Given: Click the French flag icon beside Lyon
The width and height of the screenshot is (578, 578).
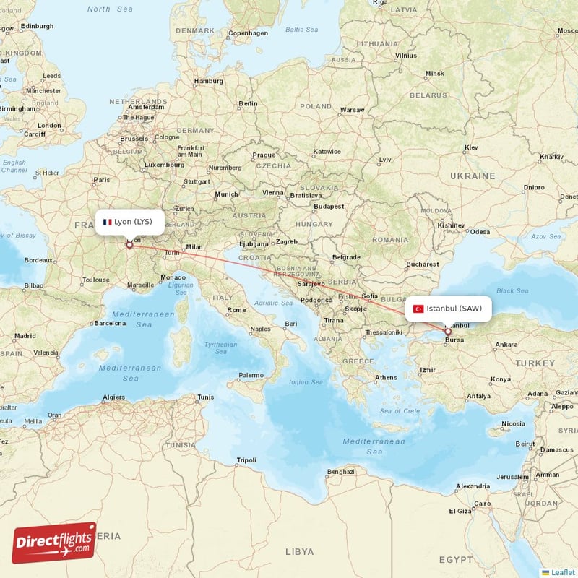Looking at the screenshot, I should pyautogui.click(x=108, y=222).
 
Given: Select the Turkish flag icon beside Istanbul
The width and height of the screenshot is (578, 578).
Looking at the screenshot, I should pyautogui.click(x=418, y=309).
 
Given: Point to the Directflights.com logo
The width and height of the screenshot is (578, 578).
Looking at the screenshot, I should pyautogui.click(x=54, y=543).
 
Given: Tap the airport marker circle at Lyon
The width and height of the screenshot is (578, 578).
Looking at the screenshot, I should pyautogui.click(x=130, y=245).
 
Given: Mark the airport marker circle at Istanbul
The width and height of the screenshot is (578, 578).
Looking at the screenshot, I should pyautogui.click(x=448, y=332).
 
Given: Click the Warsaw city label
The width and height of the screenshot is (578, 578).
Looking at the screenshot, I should pyautogui.click(x=353, y=110).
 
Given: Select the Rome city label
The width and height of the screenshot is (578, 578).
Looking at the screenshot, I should pyautogui.click(x=236, y=310).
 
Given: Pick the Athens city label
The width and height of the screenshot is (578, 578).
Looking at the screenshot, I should pyautogui.click(x=386, y=377).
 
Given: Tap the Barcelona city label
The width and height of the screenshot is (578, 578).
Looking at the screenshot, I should pyautogui.click(x=110, y=324).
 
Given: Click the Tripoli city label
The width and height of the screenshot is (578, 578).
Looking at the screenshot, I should pyautogui.click(x=246, y=460).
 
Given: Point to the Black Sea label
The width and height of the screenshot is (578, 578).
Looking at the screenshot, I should pyautogui.click(x=512, y=290).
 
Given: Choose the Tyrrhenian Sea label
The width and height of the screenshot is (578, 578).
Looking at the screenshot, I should pyautogui.click(x=220, y=349).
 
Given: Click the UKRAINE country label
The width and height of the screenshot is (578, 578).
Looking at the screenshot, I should pyautogui.click(x=473, y=176).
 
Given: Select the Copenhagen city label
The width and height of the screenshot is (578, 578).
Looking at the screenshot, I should pyautogui.click(x=248, y=33).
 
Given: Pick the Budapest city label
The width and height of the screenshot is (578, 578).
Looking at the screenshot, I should pyautogui.click(x=329, y=206).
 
